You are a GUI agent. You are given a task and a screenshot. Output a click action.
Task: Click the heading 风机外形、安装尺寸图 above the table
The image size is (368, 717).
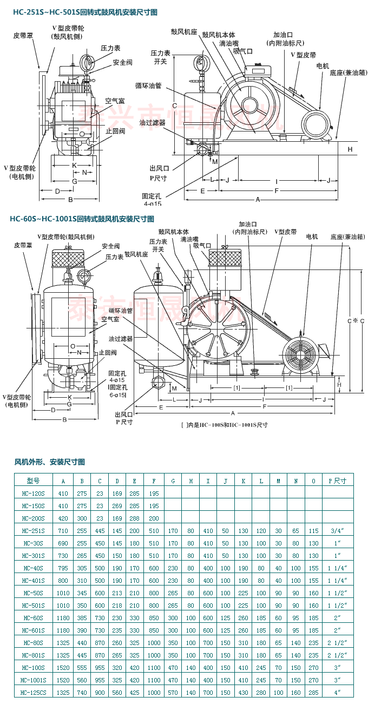click(x=49, y=462)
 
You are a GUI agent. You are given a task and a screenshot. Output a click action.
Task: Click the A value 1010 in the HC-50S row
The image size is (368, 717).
click(x=63, y=593)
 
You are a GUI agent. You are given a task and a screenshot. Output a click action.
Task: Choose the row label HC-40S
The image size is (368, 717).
click(x=34, y=568)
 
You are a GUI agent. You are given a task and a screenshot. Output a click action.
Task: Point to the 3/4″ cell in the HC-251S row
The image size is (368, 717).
click(x=337, y=530)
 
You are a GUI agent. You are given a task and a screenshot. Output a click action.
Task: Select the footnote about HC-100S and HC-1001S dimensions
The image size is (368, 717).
click(x=224, y=425)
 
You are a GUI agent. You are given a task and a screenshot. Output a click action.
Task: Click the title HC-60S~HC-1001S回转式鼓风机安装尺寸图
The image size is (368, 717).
click(x=82, y=219)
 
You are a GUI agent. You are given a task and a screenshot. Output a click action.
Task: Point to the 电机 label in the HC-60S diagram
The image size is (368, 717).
click(x=312, y=237)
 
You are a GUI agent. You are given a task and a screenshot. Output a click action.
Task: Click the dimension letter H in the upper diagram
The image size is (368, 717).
click(x=350, y=149)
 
